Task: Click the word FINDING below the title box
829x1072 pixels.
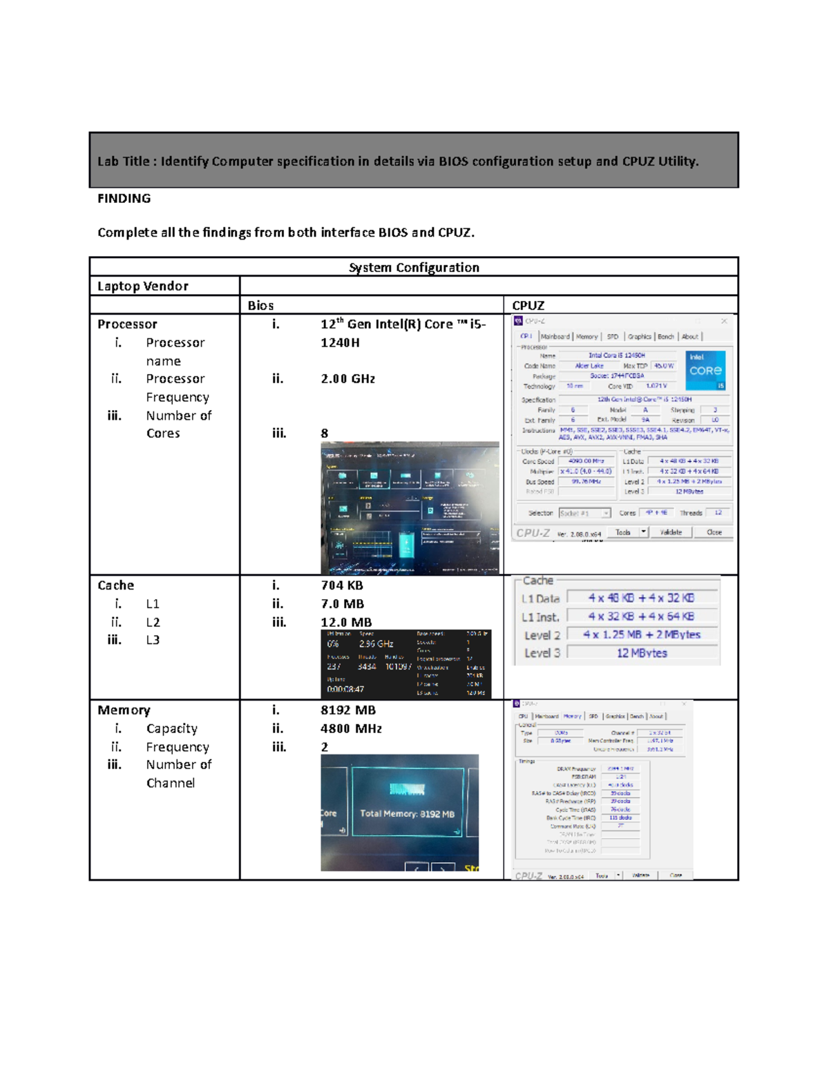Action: [124, 199]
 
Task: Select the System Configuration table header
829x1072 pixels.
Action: [413, 267]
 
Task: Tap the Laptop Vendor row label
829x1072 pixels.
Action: [142, 286]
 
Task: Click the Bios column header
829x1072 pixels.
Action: [260, 305]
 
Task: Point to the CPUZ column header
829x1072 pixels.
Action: [528, 305]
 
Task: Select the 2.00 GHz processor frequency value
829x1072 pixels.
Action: [347, 378]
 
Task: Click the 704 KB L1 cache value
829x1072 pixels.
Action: [341, 585]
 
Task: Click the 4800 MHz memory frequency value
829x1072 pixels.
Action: [351, 728]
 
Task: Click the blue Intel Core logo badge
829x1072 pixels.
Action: [705, 370]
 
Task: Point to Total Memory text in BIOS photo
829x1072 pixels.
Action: [407, 814]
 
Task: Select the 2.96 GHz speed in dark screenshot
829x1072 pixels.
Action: [376, 644]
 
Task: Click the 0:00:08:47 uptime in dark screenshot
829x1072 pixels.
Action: [345, 689]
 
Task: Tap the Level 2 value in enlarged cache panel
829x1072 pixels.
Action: [641, 634]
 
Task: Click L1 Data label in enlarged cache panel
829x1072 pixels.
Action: [540, 598]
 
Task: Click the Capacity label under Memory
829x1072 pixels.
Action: [171, 728]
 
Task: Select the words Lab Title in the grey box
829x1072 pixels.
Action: [123, 162]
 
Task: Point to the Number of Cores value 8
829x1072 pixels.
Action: [324, 433]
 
